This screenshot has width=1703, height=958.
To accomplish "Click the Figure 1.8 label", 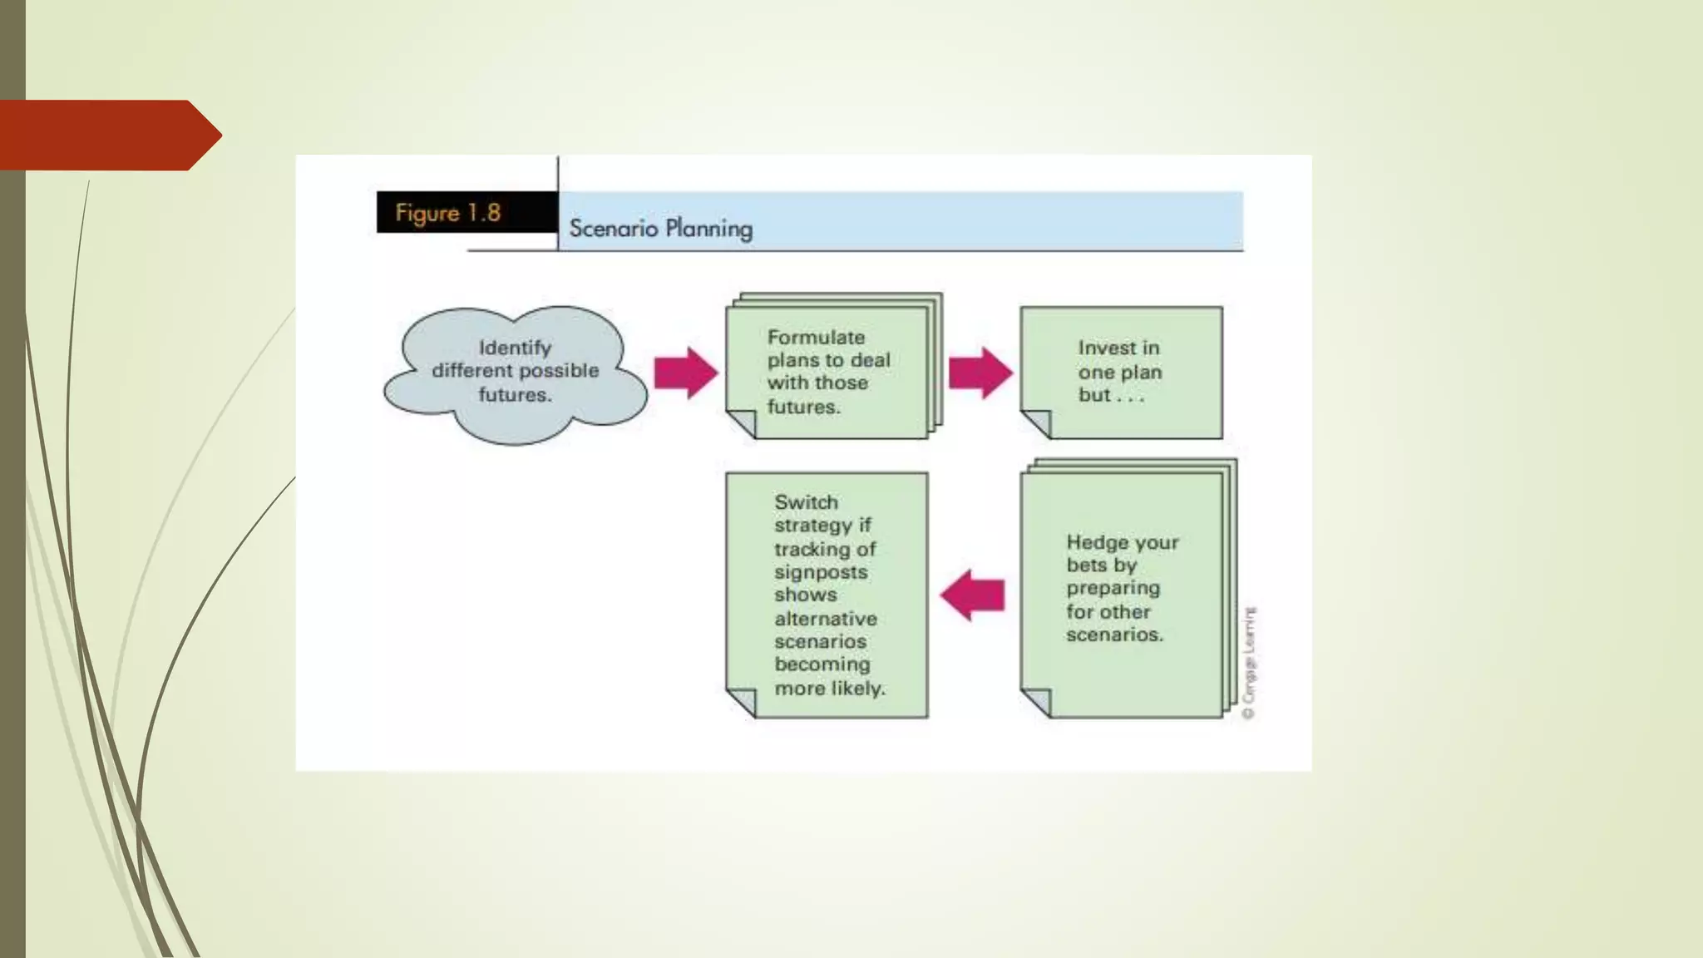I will [x=448, y=213].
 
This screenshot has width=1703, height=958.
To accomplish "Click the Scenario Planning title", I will [x=660, y=228].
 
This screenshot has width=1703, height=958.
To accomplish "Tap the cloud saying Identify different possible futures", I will [x=515, y=374].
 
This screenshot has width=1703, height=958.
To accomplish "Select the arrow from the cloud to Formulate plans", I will [x=685, y=373].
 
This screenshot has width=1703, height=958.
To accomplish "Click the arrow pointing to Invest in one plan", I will [x=980, y=373].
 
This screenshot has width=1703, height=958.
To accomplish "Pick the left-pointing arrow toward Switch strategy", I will [x=972, y=595].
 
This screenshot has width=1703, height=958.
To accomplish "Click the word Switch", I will [x=806, y=502].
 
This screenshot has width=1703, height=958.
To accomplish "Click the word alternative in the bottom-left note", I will [x=825, y=619].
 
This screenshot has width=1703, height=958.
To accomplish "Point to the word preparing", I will [x=1113, y=588].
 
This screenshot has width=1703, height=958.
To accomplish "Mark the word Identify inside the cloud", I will [x=515, y=348].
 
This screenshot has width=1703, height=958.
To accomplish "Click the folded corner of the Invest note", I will [x=1036, y=424].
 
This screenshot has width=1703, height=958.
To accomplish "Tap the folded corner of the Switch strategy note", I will [x=742, y=702].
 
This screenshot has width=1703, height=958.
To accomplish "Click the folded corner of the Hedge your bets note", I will [x=1036, y=702].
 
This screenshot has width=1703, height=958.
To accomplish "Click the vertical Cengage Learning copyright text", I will [x=1248, y=663].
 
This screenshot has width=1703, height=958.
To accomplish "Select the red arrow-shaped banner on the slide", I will [x=108, y=135].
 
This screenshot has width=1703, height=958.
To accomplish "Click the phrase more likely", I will [x=829, y=689].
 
